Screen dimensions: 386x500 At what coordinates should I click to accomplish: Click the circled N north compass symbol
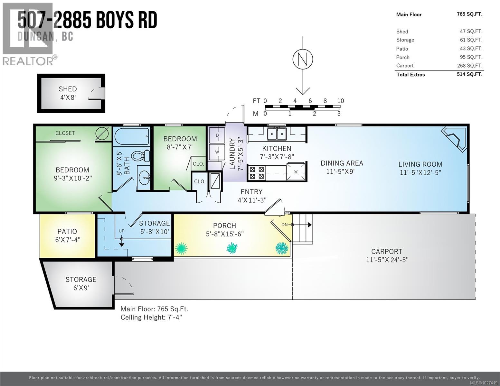point(303,60)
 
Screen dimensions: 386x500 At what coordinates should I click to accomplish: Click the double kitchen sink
point(277,134)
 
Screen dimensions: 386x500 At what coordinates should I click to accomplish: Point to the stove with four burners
point(257,172)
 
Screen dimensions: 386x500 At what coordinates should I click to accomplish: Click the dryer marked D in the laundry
point(217,135)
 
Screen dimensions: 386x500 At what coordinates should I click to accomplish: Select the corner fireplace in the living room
point(455,138)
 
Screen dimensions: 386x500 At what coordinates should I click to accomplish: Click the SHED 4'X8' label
point(68,93)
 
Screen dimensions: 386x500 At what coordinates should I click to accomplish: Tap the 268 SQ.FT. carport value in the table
point(471,66)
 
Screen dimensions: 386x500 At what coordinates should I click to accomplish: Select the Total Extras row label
point(410,75)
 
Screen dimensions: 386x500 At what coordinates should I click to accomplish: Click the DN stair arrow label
point(285,225)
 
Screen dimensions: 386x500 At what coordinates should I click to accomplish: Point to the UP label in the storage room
point(121,231)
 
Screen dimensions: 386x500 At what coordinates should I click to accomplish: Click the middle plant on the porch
point(232,248)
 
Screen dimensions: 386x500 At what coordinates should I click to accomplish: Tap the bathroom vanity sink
point(144,176)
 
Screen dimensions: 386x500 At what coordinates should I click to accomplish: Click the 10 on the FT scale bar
point(340,101)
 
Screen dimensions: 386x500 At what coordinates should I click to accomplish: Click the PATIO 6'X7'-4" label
point(67,235)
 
